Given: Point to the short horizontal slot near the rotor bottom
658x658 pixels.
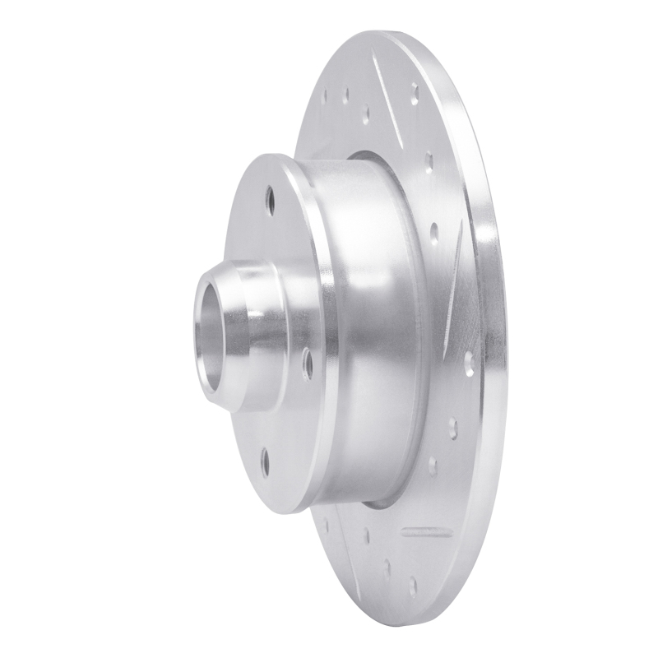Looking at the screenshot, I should click(426, 531).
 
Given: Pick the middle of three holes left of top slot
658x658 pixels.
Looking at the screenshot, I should click(345, 95).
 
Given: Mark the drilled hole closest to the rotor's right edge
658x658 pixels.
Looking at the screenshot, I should click(469, 363).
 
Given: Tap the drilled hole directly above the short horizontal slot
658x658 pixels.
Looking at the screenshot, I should click(433, 466).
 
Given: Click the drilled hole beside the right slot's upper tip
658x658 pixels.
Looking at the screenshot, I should click(434, 233).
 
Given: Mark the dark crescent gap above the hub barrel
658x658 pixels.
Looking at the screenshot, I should click(362, 155).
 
